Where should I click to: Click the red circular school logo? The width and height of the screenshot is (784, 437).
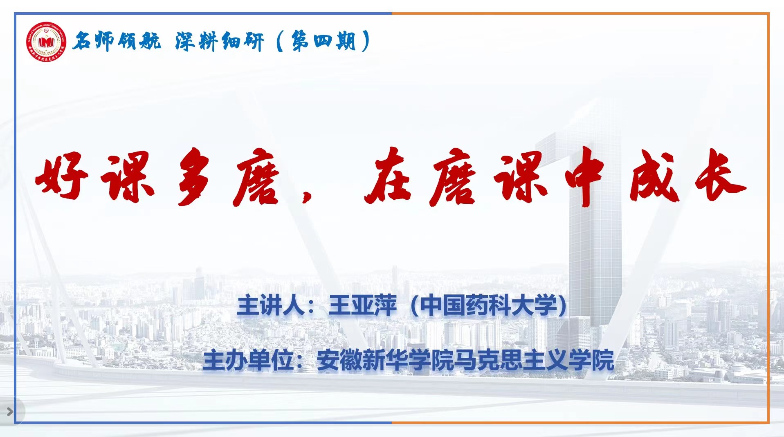coord(46,42)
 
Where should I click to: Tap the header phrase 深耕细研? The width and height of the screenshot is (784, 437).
coord(220,41)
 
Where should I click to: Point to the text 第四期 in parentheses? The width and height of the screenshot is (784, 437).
coord(323,41)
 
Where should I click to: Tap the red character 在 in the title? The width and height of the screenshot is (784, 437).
coord(388,176)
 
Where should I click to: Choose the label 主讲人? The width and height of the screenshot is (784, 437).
coord(271,305)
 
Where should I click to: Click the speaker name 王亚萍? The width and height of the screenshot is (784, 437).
coord(362,305)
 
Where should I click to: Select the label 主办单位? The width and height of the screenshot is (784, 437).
coord(248,360)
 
